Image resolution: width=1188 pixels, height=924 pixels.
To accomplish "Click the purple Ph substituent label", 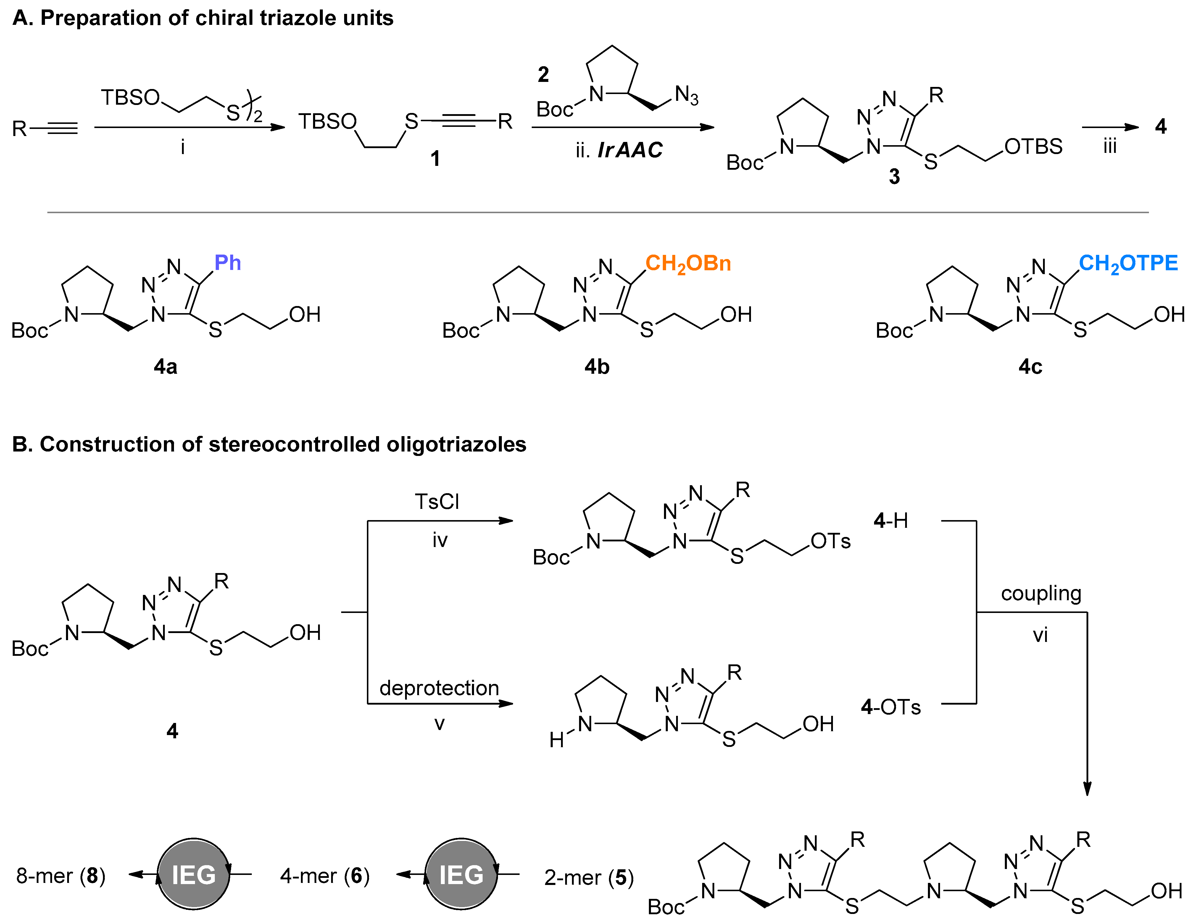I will [x=227, y=263].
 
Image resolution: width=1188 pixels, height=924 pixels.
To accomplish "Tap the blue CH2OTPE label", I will [x=1128, y=264].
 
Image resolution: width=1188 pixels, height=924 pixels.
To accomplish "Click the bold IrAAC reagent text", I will [x=630, y=150].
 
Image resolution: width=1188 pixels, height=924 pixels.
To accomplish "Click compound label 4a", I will [x=165, y=367].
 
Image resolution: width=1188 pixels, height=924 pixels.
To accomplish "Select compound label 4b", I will [x=597, y=367].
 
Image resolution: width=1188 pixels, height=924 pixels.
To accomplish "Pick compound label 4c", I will [x=1030, y=367].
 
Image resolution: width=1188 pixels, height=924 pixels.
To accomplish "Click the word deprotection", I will [x=439, y=688].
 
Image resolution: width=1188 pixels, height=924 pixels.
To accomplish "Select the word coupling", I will [x=1041, y=593].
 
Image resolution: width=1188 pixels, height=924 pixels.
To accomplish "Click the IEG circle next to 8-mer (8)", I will [x=194, y=875].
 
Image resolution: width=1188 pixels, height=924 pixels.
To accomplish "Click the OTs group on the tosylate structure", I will [x=830, y=541].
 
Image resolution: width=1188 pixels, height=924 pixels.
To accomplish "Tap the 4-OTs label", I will [x=890, y=707].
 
